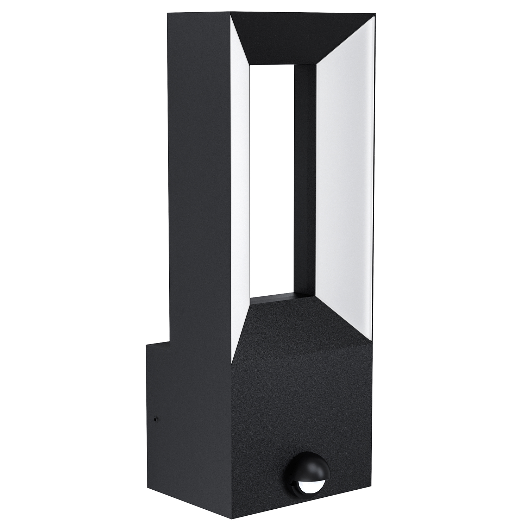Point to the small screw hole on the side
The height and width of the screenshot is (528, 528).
pyautogui.click(x=156, y=419)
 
